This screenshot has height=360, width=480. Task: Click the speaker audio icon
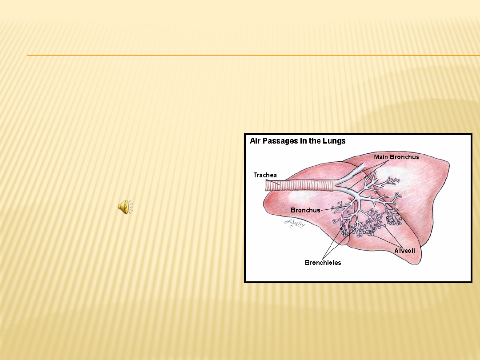tap(125, 207)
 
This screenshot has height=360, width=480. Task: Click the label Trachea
tap(265, 175)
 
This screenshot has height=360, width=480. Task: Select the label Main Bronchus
tap(396, 157)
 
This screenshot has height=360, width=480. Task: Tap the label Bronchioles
tap(323, 263)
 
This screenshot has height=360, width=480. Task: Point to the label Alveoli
tap(404, 251)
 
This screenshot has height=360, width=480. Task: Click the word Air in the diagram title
tap(256, 141)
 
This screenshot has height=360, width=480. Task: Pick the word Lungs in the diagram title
tap(334, 141)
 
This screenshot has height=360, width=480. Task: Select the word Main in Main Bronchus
tap(381, 157)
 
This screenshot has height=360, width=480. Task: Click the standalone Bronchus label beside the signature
tap(305, 210)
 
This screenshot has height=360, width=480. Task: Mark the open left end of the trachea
tap(267, 186)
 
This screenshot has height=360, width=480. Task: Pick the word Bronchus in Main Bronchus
tap(404, 157)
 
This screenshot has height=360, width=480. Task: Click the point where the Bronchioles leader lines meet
tap(324, 257)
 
